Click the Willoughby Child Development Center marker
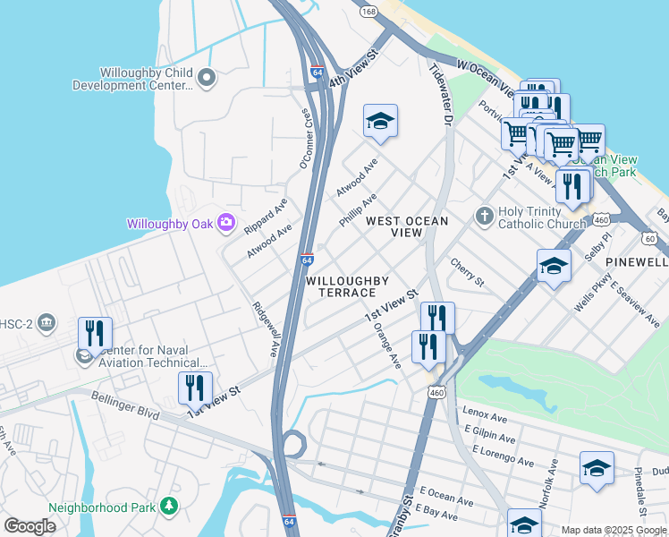(207, 78)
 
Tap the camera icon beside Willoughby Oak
(227, 222)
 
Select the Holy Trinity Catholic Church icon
(484, 216)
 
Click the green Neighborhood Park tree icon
(169, 507)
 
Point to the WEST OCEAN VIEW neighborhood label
(394, 226)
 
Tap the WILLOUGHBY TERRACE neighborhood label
(341, 286)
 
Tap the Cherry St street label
(467, 274)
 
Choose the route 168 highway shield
(368, 12)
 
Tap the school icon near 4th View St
(380, 121)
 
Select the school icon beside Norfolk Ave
(597, 468)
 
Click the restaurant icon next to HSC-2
(95, 332)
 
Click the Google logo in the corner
(30, 525)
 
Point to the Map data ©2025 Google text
(613, 530)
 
